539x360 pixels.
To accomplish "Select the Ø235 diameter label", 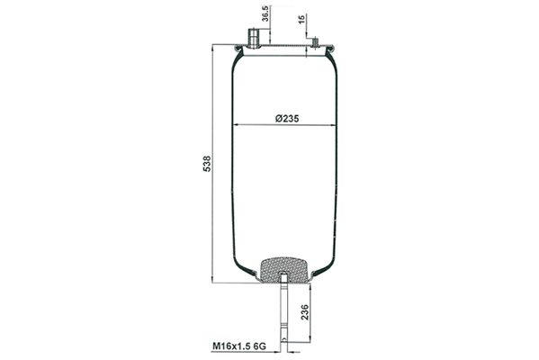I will pyautogui.click(x=283, y=118).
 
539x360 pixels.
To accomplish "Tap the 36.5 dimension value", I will pyautogui.click(x=265, y=17).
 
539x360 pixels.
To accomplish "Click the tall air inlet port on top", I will pyautogui.click(x=254, y=40).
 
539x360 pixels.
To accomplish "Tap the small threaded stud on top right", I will pyautogui.click(x=314, y=41).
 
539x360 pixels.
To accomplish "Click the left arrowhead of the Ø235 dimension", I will pyautogui.click(x=236, y=125).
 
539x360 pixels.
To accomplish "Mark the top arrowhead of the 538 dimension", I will pyautogui.click(x=213, y=50).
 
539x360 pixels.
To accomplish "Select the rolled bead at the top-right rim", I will pyautogui.click(x=333, y=50).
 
